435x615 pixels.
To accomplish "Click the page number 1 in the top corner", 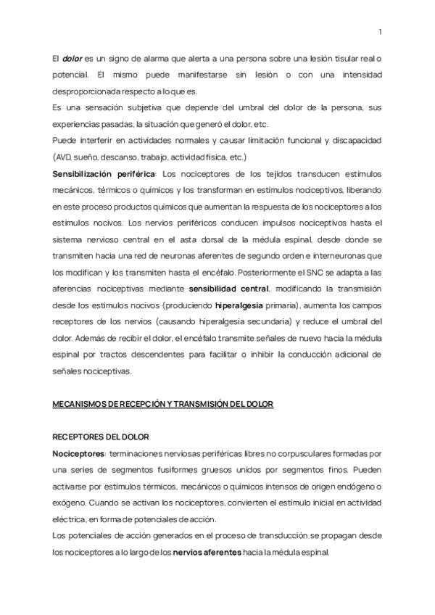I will click(x=381, y=31).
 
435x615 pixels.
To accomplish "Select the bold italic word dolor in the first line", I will click(x=72, y=57).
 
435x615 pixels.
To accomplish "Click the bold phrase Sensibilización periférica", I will click(x=104, y=174).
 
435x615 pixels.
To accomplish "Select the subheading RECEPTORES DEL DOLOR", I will click(x=100, y=437).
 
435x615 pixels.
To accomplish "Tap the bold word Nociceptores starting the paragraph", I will click(x=78, y=453).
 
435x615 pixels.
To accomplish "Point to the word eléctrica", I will click(x=70, y=519).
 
